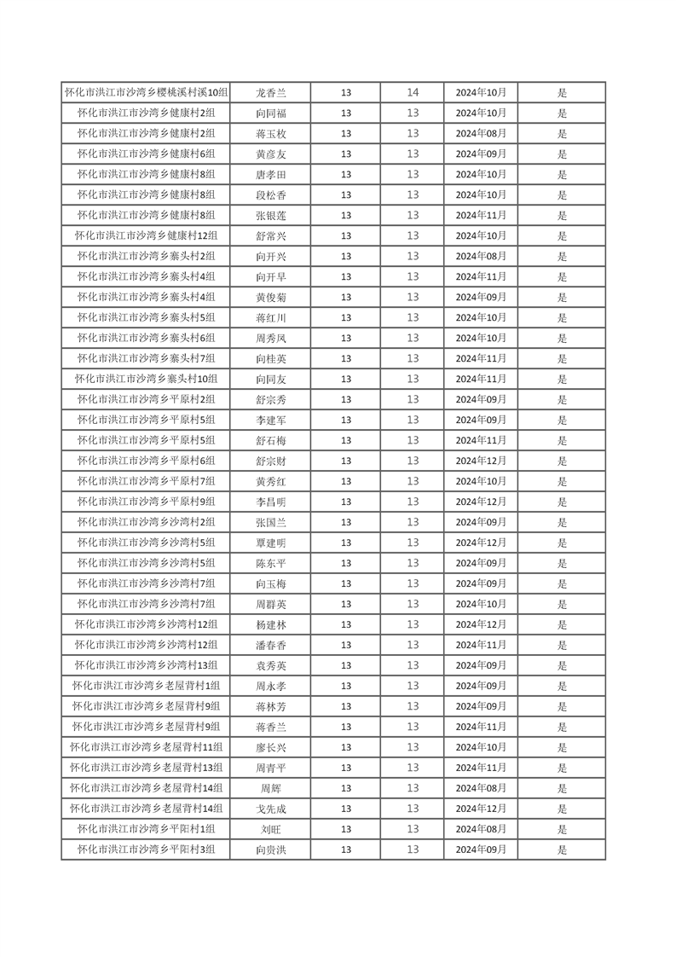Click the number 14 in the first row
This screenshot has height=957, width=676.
(413, 92)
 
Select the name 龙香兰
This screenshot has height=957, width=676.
(270, 92)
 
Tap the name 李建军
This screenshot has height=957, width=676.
(270, 420)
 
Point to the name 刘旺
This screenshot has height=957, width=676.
(270, 829)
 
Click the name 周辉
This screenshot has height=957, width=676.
(270, 788)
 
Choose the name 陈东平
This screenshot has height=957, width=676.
(270, 563)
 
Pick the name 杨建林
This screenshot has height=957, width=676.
(270, 624)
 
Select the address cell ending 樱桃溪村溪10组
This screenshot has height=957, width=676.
(146, 92)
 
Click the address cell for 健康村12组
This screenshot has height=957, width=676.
(146, 235)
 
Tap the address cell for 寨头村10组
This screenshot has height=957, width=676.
(146, 379)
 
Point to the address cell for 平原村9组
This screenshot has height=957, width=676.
(146, 502)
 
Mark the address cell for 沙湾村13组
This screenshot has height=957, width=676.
(146, 665)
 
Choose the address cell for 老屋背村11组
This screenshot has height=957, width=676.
(146, 747)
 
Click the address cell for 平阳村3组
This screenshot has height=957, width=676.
(146, 850)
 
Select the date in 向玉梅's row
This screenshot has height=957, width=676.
(481, 583)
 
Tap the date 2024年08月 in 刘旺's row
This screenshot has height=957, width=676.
(481, 829)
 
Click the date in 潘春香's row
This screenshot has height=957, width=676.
(481, 645)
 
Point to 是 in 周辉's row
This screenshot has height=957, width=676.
(562, 788)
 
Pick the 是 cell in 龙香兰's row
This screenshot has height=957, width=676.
(562, 92)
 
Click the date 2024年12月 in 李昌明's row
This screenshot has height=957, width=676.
(481, 502)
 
